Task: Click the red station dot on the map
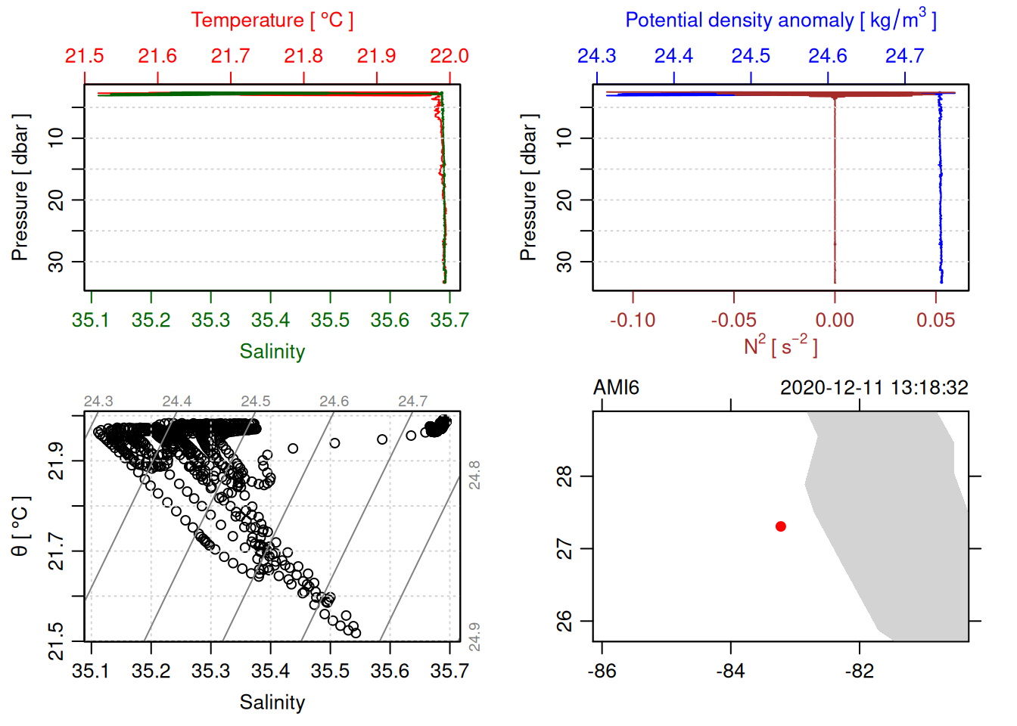pyautogui.click(x=780, y=526)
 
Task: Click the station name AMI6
pyautogui.click(x=616, y=388)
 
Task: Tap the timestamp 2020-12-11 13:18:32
pyautogui.click(x=874, y=388)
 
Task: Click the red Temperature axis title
pyautogui.click(x=272, y=20)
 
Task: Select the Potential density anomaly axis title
pyautogui.click(x=780, y=20)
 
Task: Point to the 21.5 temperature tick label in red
pyautogui.click(x=85, y=56)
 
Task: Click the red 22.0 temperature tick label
pyautogui.click(x=449, y=56)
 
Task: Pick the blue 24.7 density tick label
pyautogui.click(x=904, y=56)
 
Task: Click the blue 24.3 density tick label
pyautogui.click(x=597, y=56)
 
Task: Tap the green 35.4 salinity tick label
pyautogui.click(x=270, y=320)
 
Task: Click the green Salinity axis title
pyautogui.click(x=272, y=352)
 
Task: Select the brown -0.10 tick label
pyautogui.click(x=633, y=320)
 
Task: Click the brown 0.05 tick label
pyautogui.click(x=935, y=320)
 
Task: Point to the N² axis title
pyautogui.click(x=780, y=346)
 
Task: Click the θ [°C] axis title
pyautogui.click(x=20, y=526)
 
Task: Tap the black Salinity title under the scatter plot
pyautogui.click(x=272, y=703)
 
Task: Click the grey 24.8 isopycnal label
pyautogui.click(x=474, y=475)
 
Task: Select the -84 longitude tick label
pyautogui.click(x=730, y=671)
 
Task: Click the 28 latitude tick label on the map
pyautogui.click(x=564, y=476)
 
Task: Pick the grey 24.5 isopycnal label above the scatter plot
pyautogui.click(x=256, y=402)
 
